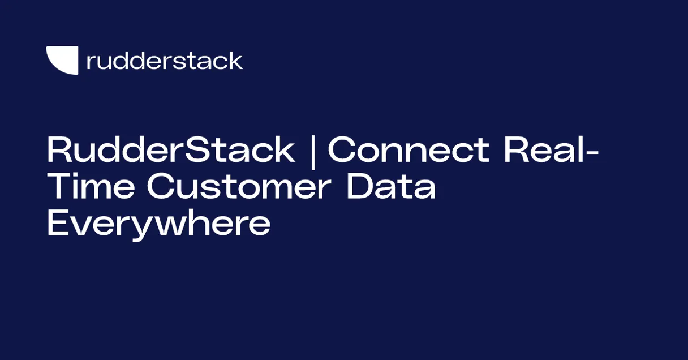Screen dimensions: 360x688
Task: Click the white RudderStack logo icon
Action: point(62,60)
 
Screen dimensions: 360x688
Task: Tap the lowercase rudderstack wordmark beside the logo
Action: point(165,61)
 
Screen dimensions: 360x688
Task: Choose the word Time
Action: point(91,187)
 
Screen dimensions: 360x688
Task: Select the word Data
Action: point(391,187)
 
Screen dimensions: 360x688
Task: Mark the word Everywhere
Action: point(158,225)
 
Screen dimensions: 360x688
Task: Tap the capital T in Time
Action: point(59,187)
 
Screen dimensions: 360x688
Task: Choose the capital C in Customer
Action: point(161,187)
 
